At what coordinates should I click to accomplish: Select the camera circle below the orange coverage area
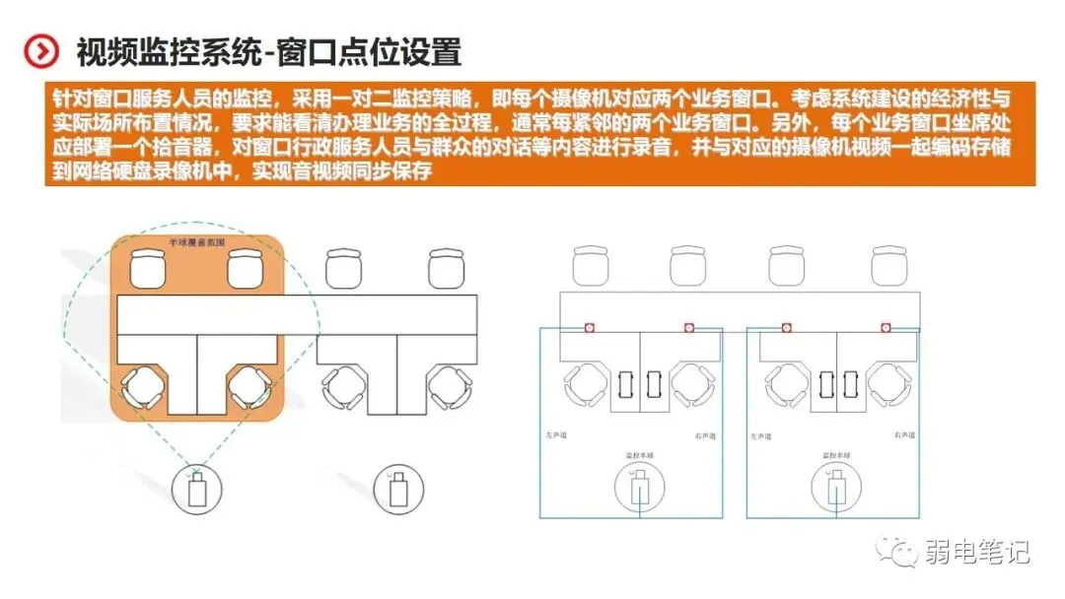(197, 490)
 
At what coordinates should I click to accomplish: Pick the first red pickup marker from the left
(589, 327)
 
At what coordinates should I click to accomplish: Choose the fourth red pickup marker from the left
(887, 327)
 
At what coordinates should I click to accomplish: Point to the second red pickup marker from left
(689, 327)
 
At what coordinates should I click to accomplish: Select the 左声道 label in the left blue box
(557, 434)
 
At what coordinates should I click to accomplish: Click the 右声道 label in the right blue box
(906, 434)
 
